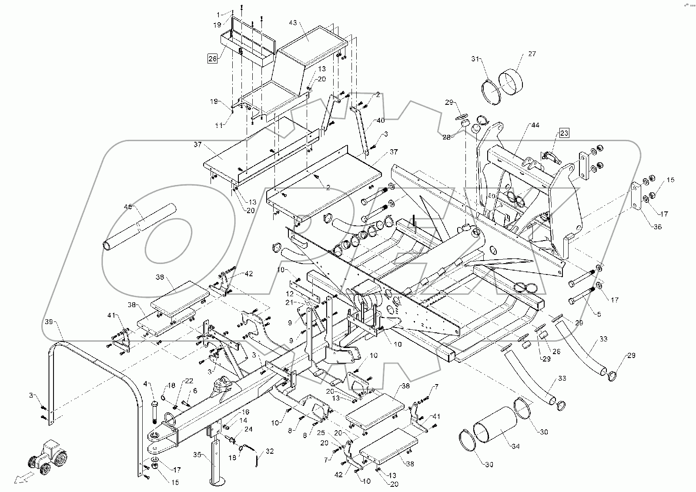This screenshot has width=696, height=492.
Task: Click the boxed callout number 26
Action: tap(212, 59)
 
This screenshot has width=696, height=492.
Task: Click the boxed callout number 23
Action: tap(564, 133)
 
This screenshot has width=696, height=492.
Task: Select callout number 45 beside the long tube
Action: tap(128, 207)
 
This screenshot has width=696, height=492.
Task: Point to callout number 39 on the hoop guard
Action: tap(49, 322)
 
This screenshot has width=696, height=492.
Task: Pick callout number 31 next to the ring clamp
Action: tap(475, 59)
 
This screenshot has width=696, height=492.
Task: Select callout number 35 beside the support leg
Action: tap(197, 455)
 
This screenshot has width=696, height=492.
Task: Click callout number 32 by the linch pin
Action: tap(269, 452)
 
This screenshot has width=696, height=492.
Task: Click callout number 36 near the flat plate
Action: tap(657, 226)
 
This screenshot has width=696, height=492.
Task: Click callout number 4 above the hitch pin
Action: tap(147, 384)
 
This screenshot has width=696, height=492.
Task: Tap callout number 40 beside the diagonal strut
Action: tap(381, 120)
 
